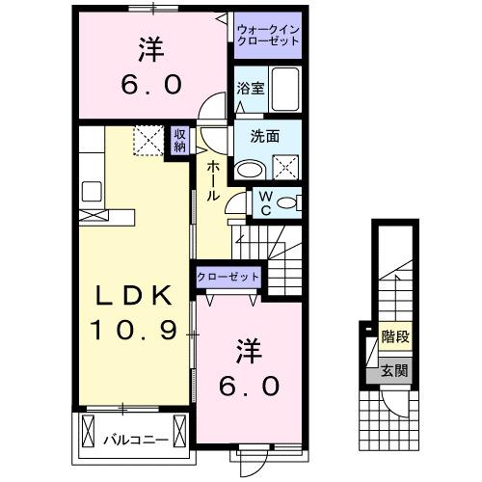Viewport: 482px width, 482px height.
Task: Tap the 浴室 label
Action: (249, 88)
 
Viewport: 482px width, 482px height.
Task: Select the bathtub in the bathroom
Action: (285, 90)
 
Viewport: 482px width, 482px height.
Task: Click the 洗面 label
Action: (266, 136)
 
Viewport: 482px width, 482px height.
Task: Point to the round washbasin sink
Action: (250, 169)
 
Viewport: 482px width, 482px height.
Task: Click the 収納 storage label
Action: (180, 141)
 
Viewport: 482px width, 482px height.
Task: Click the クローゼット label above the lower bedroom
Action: (228, 277)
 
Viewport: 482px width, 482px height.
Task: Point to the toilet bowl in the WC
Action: (290, 202)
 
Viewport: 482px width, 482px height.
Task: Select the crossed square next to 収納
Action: (149, 142)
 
